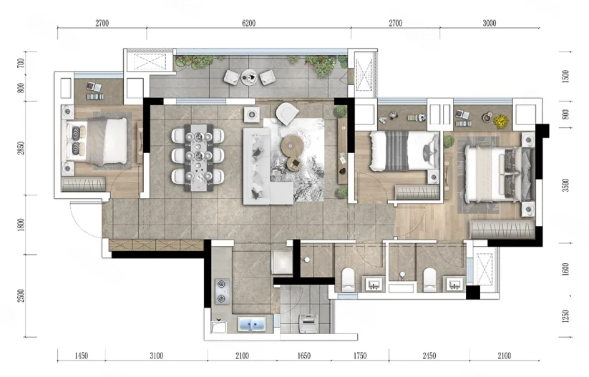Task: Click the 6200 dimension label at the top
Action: click(248, 24)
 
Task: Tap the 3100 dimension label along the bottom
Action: click(156, 356)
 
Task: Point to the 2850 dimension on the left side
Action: click(21, 147)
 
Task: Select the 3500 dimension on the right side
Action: click(565, 185)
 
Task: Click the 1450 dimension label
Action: click(81, 356)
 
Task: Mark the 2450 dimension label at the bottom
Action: click(429, 356)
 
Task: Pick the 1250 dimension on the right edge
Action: click(565, 316)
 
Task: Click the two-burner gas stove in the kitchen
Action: click(222, 291)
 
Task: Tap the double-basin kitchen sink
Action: click(252, 324)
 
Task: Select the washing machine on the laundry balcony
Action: click(308, 323)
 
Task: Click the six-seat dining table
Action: click(198, 157)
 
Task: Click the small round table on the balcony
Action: click(248, 77)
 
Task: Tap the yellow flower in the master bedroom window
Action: click(501, 120)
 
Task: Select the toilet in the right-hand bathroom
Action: click(429, 280)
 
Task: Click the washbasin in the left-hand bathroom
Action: click(374, 284)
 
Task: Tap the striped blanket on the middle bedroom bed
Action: click(396, 150)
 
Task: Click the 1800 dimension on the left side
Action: click(21, 225)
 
